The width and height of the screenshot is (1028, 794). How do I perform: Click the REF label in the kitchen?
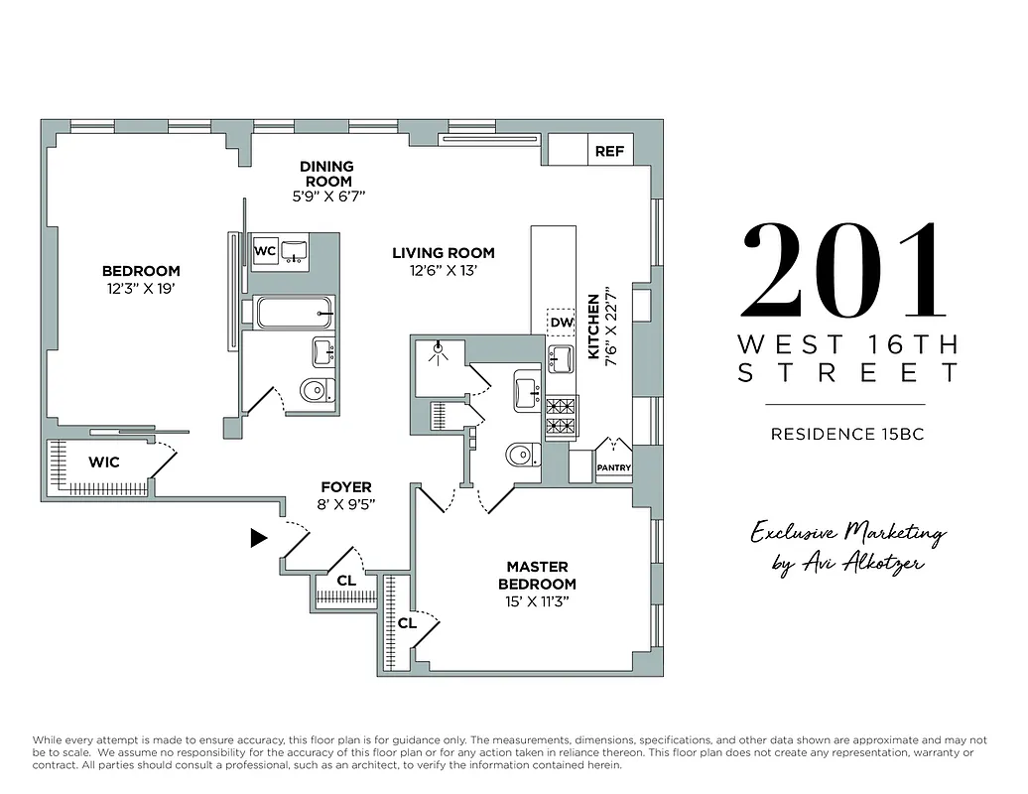tap(609, 152)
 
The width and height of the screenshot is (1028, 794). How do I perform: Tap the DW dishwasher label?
tap(561, 323)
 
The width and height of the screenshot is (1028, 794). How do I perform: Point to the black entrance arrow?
tap(259, 538)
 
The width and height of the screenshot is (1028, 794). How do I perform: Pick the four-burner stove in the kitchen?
tap(562, 416)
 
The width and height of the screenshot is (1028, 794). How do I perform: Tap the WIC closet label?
tap(104, 463)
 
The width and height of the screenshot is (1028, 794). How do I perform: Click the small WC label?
tap(265, 251)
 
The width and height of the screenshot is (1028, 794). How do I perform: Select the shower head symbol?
tap(438, 350)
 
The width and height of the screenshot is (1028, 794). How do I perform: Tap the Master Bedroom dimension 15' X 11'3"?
tap(537, 601)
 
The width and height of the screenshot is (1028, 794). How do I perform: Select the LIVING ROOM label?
tap(443, 253)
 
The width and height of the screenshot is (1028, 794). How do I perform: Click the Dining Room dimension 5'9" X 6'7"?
tap(328, 197)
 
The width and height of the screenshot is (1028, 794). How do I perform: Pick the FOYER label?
tap(345, 487)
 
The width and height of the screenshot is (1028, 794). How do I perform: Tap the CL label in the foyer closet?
tap(346, 581)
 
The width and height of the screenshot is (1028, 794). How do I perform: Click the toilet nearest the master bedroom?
tap(520, 456)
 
